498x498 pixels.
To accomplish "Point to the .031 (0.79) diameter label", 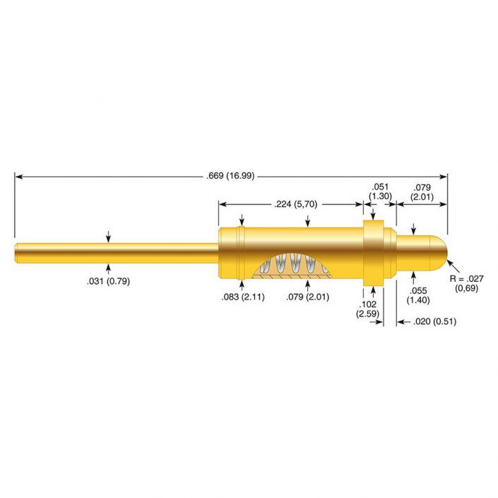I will [x=109, y=281].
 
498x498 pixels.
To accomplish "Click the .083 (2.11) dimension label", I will [x=243, y=296].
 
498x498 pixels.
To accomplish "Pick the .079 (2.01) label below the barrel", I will [x=307, y=296].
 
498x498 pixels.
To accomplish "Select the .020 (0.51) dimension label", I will [x=422, y=322].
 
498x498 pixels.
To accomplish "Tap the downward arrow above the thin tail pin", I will [x=108, y=237].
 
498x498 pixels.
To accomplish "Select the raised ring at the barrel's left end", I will [x=242, y=252].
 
